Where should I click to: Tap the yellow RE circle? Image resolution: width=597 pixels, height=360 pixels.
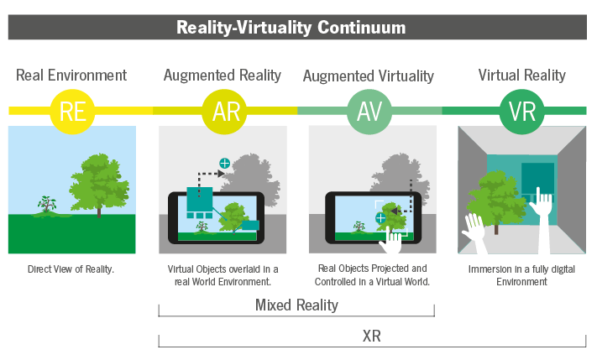point(73,111)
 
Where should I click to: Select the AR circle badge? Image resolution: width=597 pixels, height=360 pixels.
point(225,111)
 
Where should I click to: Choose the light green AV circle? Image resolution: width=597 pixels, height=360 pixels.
point(370,111)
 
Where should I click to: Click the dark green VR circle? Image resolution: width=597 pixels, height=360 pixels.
point(521,111)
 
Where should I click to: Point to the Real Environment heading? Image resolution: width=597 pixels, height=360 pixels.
point(71,76)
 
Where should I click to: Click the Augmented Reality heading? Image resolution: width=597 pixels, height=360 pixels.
point(222,76)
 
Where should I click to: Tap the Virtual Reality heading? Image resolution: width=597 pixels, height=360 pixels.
point(521,76)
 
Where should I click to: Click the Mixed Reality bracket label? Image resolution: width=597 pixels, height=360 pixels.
point(296,305)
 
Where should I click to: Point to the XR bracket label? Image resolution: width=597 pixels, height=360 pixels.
point(372,337)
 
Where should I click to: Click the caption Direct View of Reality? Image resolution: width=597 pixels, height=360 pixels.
point(71,269)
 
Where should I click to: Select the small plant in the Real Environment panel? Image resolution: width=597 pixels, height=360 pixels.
point(46,204)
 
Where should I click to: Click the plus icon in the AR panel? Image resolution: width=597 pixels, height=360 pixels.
point(224,164)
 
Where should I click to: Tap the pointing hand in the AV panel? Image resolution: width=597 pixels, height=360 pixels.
point(391,240)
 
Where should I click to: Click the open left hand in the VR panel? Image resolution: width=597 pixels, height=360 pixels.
point(475,235)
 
